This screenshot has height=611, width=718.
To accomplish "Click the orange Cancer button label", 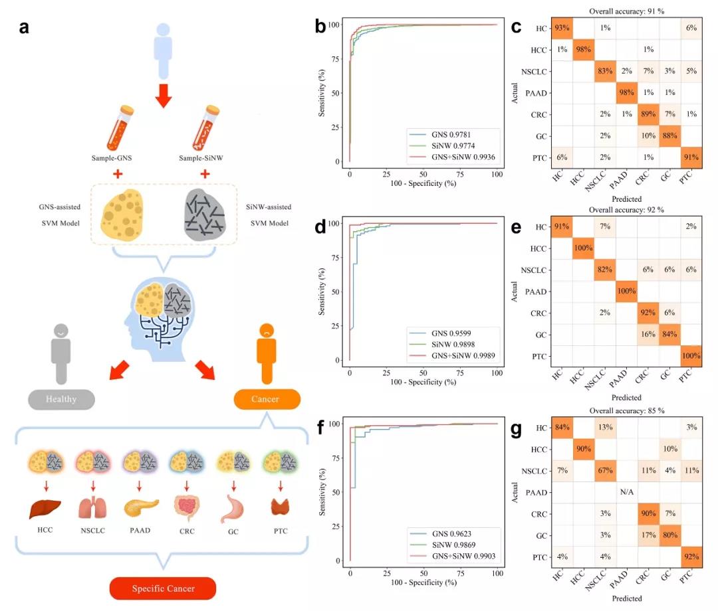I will pos(267,398).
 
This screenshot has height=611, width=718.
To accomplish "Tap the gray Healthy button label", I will pos(61,398).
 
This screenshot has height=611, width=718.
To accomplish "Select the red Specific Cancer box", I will pos(162,588).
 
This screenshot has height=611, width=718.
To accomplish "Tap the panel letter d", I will pos(320,228).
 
